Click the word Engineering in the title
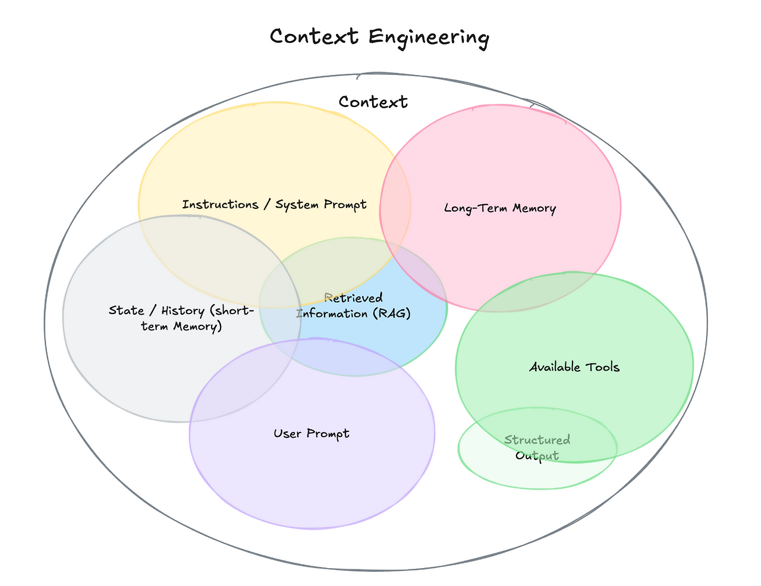coord(429,37)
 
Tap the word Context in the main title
coord(314,37)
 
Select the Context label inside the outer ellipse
coord(373,102)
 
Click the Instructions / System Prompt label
coord(274,205)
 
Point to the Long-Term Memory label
coord(500,208)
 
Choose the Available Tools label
coord(574,367)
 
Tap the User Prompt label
coord(312,434)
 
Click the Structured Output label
coord(537,448)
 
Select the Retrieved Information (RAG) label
coord(354,306)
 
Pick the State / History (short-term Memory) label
coord(181,318)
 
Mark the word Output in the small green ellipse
coord(537,456)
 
